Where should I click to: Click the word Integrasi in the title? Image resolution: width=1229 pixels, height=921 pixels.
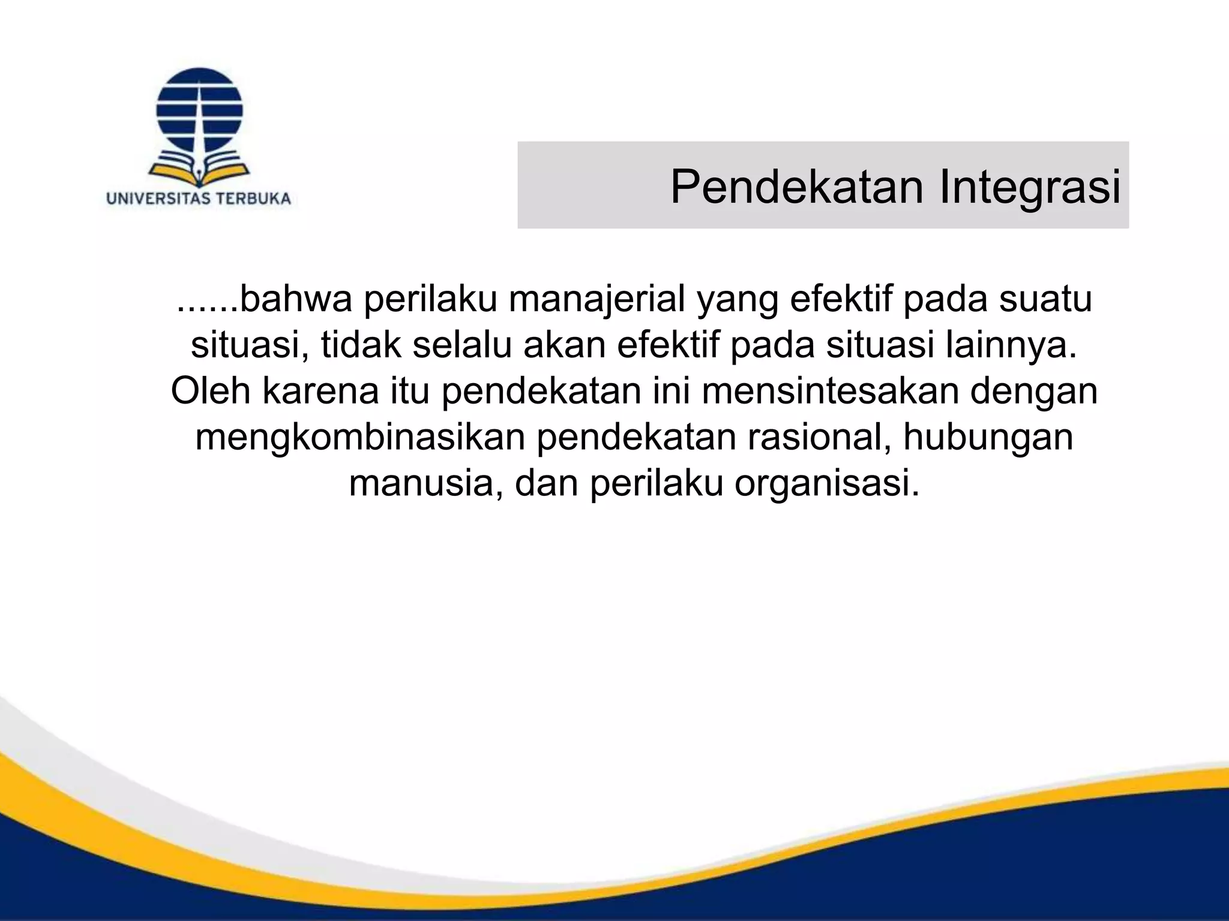(1030, 187)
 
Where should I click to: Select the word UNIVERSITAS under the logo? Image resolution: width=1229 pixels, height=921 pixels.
(157, 199)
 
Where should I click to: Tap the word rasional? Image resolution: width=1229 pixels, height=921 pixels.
(819, 437)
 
